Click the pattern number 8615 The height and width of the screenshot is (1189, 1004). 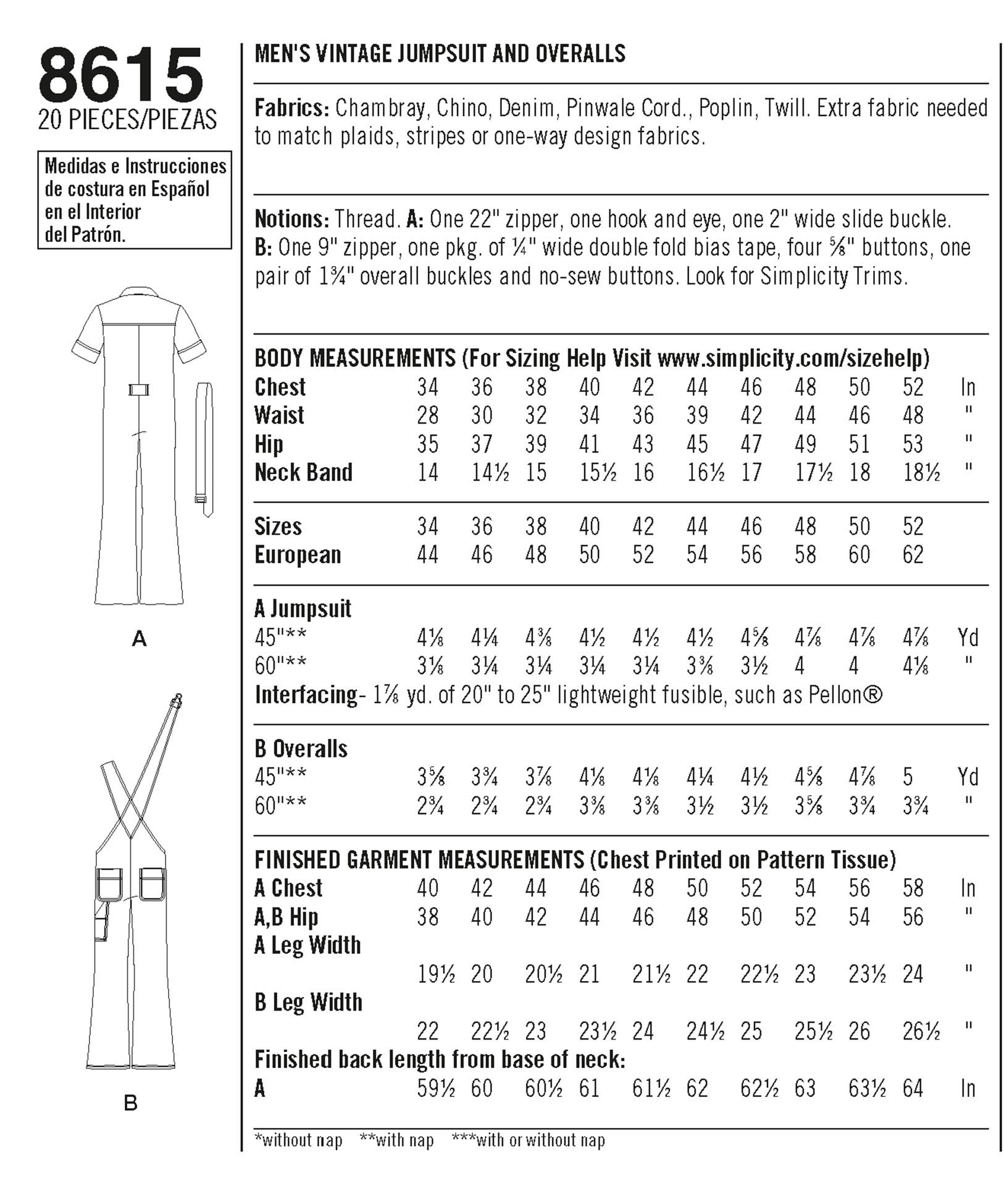tap(121, 76)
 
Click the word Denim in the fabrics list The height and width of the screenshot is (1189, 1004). tap(526, 108)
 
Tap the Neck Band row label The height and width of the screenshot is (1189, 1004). tap(303, 472)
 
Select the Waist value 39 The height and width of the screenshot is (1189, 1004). tap(697, 415)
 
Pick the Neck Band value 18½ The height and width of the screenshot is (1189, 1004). tap(921, 472)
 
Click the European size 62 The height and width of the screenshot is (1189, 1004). tap(913, 554)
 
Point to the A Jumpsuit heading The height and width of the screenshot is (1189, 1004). tap(303, 609)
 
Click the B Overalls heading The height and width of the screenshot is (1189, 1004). tap(301, 748)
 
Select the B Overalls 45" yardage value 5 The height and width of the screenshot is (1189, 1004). tap(908, 777)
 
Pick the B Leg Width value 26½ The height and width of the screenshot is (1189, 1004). tap(921, 1031)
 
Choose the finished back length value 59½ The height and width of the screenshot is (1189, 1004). tap(436, 1088)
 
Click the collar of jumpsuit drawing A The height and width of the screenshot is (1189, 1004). tap(139, 294)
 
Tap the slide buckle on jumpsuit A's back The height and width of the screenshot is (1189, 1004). tap(139, 390)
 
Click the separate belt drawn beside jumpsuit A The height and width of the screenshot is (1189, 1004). tap(205, 448)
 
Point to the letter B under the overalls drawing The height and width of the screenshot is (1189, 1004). tap(130, 1103)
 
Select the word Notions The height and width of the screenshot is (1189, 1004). tap(291, 219)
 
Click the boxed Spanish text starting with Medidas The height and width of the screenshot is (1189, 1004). tap(135, 200)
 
